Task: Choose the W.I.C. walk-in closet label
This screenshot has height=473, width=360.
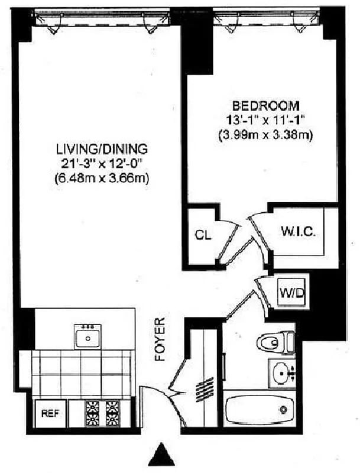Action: point(297,231)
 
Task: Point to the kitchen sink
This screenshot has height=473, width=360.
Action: point(88,338)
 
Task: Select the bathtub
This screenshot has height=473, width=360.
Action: point(260,408)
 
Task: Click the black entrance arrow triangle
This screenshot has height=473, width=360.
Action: point(161,456)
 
